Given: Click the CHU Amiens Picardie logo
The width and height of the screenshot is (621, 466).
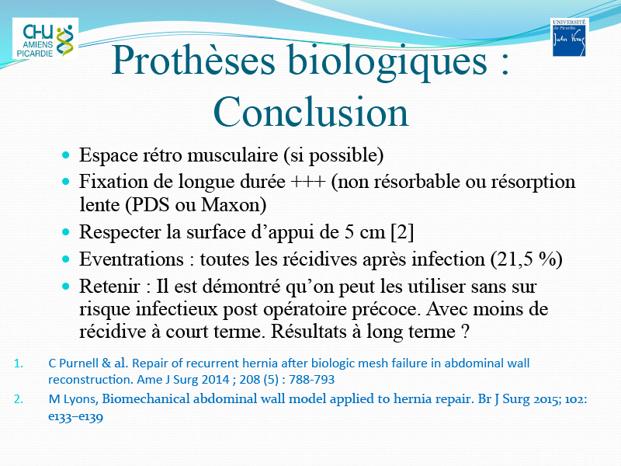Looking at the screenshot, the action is tap(45, 38).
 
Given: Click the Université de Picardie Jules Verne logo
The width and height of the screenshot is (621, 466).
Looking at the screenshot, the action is tap(569, 37).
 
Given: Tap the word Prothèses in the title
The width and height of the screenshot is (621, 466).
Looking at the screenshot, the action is tap(193, 61).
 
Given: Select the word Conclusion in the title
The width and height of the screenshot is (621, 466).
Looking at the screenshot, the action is tap(310, 112).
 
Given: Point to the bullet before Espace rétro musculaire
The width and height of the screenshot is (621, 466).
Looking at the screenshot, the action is tap(66, 155).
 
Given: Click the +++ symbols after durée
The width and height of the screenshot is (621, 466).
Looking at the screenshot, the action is tap(308, 182).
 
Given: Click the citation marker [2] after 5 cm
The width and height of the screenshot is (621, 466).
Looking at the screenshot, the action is tap(402, 232).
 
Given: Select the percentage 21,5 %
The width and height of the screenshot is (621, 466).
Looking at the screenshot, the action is tap(526, 259).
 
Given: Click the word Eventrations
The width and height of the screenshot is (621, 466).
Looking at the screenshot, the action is tap(131, 259).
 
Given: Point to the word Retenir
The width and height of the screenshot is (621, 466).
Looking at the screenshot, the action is tap(109, 287).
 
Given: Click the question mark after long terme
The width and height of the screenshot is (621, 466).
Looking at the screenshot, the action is tap(465, 332).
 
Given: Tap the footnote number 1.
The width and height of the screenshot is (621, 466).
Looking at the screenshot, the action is tap(18, 363).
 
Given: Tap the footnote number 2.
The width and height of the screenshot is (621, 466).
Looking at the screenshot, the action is tap(18, 399).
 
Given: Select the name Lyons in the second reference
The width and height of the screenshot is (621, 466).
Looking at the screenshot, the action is tap(81, 399).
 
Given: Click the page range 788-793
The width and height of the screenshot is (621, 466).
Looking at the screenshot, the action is tap(312, 380).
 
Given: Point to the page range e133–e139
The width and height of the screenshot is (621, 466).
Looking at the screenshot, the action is tap(75, 417).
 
